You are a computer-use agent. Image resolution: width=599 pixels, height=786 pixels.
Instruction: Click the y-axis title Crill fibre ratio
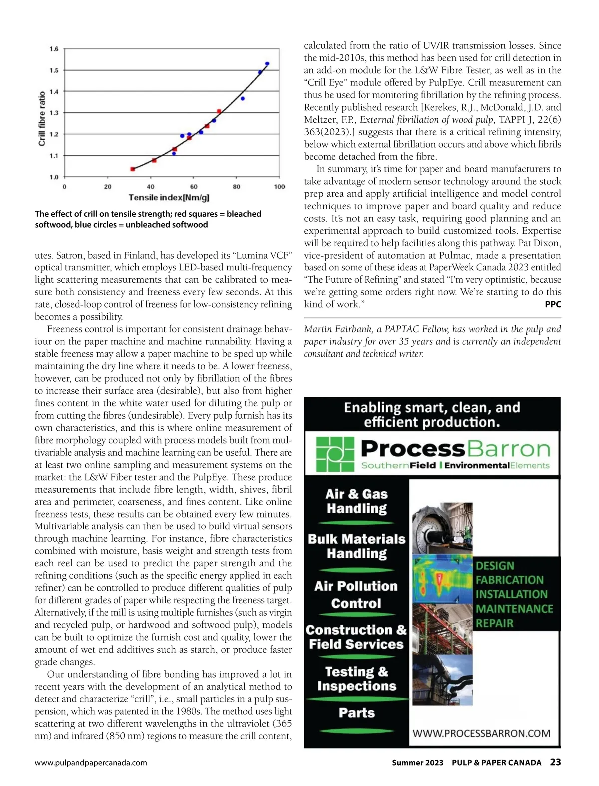tap(42, 118)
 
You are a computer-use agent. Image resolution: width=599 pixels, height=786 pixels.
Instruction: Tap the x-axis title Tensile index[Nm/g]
tap(169, 198)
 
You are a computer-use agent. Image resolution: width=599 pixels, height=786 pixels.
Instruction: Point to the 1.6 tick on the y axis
tap(54, 49)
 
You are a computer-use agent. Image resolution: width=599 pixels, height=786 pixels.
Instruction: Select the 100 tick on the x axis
tap(279, 187)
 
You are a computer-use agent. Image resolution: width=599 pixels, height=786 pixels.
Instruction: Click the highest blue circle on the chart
tap(267, 64)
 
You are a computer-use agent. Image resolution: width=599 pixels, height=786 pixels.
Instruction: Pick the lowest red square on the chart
tap(133, 169)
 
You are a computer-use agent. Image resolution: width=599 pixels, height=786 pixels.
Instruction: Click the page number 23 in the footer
tap(555, 762)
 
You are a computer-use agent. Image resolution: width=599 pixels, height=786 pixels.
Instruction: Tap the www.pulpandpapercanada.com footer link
tap(91, 763)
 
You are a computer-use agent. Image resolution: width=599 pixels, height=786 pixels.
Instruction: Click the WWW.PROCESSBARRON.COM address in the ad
tap(481, 733)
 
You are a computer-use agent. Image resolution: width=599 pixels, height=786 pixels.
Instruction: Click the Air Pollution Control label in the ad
tap(356, 594)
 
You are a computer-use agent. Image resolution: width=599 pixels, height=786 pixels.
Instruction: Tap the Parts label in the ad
tap(356, 712)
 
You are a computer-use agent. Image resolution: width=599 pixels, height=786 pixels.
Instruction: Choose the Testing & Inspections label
tap(356, 679)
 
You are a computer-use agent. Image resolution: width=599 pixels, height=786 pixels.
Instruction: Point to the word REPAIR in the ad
tap(494, 623)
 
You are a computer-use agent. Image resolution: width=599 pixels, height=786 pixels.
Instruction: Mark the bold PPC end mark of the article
tap(553, 304)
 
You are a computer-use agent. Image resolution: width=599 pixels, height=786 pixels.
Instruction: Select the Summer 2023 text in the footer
tap(417, 763)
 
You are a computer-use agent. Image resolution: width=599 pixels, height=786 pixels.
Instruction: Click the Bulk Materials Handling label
tap(356, 546)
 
